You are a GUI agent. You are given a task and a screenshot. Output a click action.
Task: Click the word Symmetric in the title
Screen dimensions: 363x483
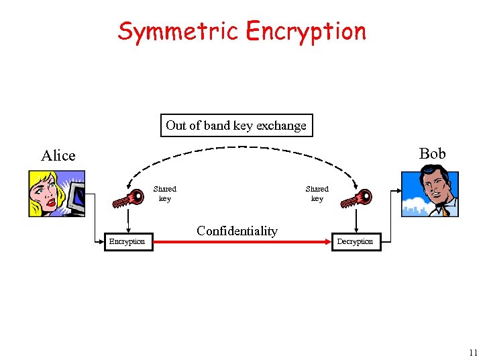[x=179, y=31]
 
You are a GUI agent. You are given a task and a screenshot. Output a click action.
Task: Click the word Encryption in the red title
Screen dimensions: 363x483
[x=306, y=31]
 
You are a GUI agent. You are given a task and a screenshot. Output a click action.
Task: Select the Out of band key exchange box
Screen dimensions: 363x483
[x=236, y=126]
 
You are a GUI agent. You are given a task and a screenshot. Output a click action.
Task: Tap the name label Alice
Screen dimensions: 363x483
[x=58, y=156]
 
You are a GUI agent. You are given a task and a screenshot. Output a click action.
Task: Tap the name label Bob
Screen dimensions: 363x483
[x=432, y=154]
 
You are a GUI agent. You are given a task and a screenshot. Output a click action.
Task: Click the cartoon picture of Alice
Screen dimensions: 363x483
[x=56, y=194]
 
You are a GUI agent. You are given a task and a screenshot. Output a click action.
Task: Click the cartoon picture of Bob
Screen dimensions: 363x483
[x=429, y=194]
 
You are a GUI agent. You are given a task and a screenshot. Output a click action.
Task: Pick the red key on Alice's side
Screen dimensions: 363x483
[x=129, y=197]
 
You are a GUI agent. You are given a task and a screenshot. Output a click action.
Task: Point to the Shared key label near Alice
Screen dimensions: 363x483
[x=164, y=194]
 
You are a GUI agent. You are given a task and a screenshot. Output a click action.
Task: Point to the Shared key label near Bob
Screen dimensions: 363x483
[x=317, y=194]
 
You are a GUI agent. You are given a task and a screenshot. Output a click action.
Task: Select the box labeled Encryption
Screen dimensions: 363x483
[x=127, y=241]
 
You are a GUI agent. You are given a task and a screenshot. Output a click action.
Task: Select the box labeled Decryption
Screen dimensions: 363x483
[x=356, y=241]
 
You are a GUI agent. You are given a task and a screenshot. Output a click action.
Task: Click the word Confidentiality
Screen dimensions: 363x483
[x=237, y=231]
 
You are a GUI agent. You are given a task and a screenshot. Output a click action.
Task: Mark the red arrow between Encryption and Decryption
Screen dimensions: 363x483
[x=241, y=241]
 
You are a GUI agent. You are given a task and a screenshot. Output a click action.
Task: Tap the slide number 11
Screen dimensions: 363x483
[x=472, y=352]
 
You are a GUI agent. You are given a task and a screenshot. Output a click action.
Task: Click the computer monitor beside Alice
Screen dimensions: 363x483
[x=76, y=196]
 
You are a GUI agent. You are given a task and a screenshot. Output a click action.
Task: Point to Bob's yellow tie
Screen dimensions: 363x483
[x=445, y=212]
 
